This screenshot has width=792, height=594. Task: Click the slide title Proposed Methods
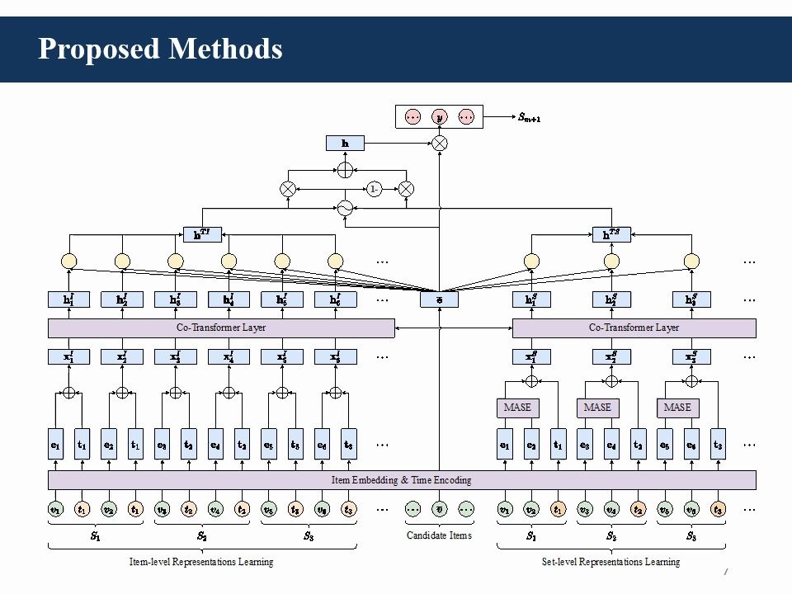(x=160, y=49)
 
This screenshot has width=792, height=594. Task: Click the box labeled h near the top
(x=345, y=144)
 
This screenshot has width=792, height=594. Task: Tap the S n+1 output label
(x=530, y=119)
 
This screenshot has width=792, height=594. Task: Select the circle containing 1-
(x=374, y=189)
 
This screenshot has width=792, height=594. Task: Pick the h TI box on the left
(x=202, y=234)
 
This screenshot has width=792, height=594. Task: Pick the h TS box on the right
(x=611, y=234)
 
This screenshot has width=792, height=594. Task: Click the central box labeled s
(x=439, y=299)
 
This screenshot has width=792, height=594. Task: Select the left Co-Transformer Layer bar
(x=221, y=328)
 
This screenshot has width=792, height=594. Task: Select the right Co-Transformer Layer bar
(x=634, y=328)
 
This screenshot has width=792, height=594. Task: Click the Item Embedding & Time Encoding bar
(x=401, y=479)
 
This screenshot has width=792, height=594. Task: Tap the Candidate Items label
(x=439, y=535)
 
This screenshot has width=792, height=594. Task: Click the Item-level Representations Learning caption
(x=201, y=562)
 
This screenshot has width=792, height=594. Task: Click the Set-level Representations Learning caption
(x=610, y=562)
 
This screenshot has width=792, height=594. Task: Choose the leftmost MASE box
(x=516, y=408)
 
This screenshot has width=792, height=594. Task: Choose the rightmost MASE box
(x=676, y=408)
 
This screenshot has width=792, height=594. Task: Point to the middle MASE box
(x=596, y=408)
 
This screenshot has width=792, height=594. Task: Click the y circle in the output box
(x=440, y=117)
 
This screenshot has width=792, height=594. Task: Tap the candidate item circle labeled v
(x=439, y=509)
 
